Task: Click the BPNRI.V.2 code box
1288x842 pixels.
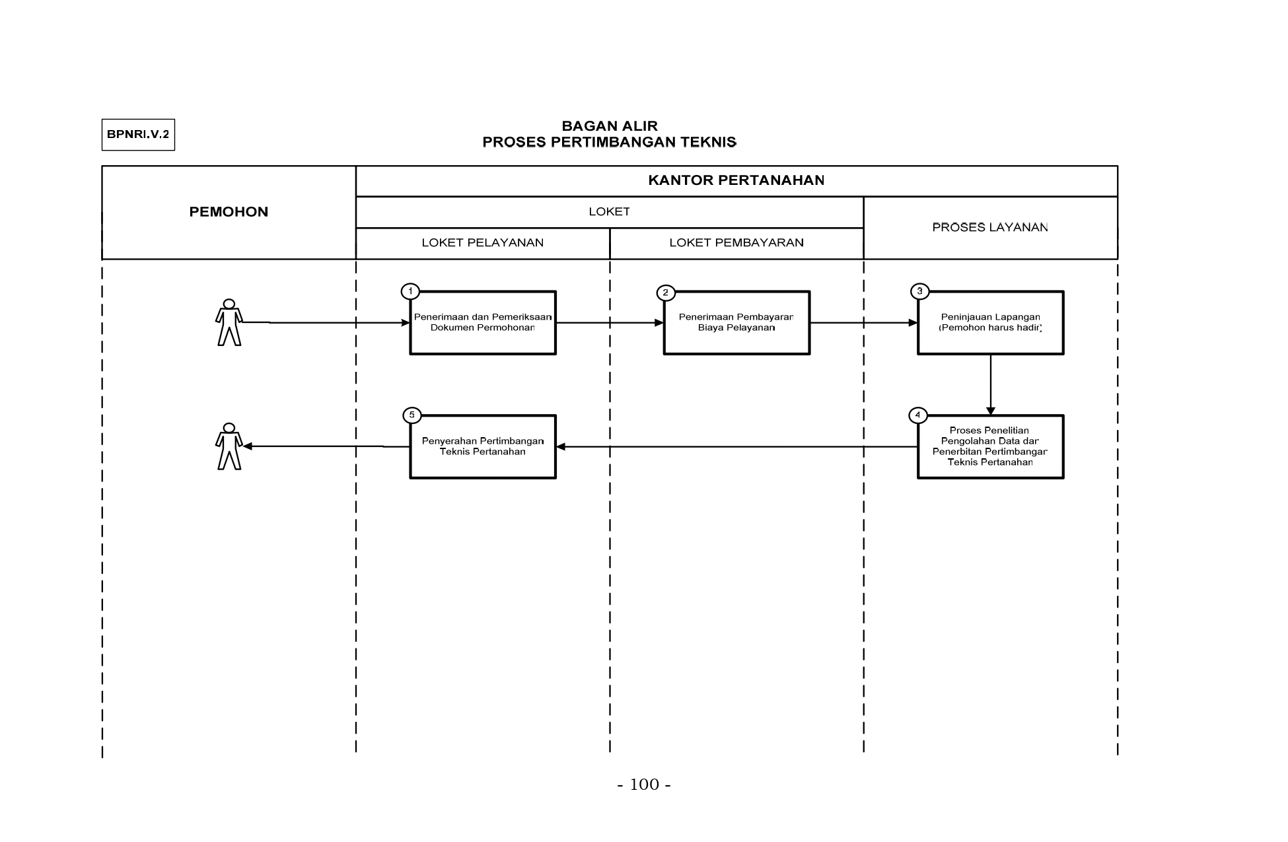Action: (x=138, y=135)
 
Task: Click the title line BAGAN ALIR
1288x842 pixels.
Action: (x=610, y=126)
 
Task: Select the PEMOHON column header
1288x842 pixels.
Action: (x=229, y=212)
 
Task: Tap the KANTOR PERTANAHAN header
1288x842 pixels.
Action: (x=736, y=180)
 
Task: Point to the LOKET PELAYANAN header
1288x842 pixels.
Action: (x=483, y=243)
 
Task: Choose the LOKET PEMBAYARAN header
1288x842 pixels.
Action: (x=736, y=243)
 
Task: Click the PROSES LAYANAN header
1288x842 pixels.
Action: (x=990, y=227)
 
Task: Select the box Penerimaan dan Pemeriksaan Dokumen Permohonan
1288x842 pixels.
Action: (x=483, y=323)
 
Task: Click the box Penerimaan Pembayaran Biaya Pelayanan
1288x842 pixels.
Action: (x=736, y=323)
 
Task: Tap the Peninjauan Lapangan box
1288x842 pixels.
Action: (x=990, y=323)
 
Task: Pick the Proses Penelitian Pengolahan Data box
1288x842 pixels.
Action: (x=990, y=447)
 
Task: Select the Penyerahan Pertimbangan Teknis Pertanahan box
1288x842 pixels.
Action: (x=483, y=447)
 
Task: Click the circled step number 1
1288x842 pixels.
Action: (x=410, y=291)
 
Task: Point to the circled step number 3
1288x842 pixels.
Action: (x=919, y=291)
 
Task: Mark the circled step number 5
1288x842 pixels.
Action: (x=411, y=415)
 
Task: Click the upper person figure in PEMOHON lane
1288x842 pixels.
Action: (x=229, y=322)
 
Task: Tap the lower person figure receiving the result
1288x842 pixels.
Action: (x=229, y=446)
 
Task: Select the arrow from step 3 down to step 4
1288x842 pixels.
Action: (x=990, y=385)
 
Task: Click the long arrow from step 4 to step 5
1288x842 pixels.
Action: (x=736, y=447)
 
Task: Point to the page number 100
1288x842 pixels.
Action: (x=644, y=785)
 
